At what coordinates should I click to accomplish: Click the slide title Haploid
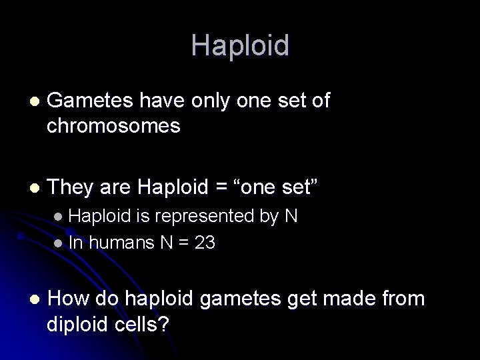[x=240, y=46]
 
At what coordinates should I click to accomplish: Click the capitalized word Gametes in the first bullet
[x=91, y=101]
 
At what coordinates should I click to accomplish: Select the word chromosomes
[x=113, y=126]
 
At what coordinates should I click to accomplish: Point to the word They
[x=71, y=188]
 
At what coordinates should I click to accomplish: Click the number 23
[x=205, y=243]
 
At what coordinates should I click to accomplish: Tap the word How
[x=70, y=299]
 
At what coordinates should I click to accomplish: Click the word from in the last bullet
[x=403, y=299]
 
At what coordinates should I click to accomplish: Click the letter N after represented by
[x=291, y=216]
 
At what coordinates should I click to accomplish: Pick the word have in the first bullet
[x=162, y=101]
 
